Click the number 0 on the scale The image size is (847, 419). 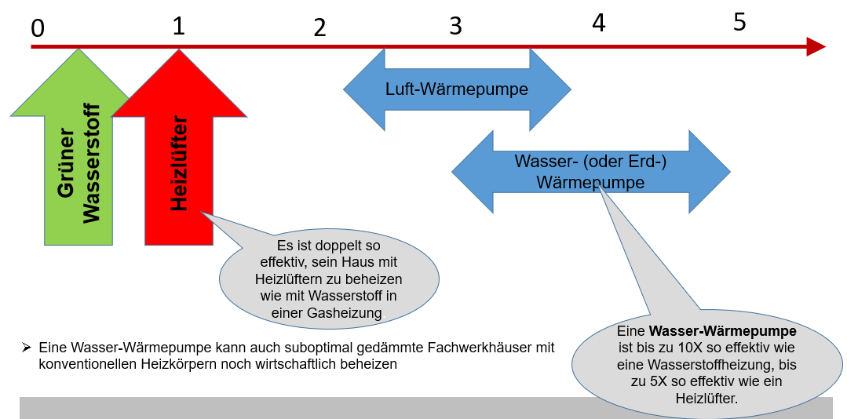point(38,28)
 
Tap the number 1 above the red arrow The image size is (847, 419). point(179,27)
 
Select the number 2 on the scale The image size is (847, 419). point(319,28)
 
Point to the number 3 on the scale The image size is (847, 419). point(455,26)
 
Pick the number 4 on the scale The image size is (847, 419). point(599,24)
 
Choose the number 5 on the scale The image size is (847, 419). point(739,23)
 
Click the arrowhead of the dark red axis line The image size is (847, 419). point(816,47)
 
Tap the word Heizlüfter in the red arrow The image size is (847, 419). point(180,163)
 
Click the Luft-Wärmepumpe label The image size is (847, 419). point(456,89)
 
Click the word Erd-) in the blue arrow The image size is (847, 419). point(649,161)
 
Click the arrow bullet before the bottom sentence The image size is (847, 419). point(26,347)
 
